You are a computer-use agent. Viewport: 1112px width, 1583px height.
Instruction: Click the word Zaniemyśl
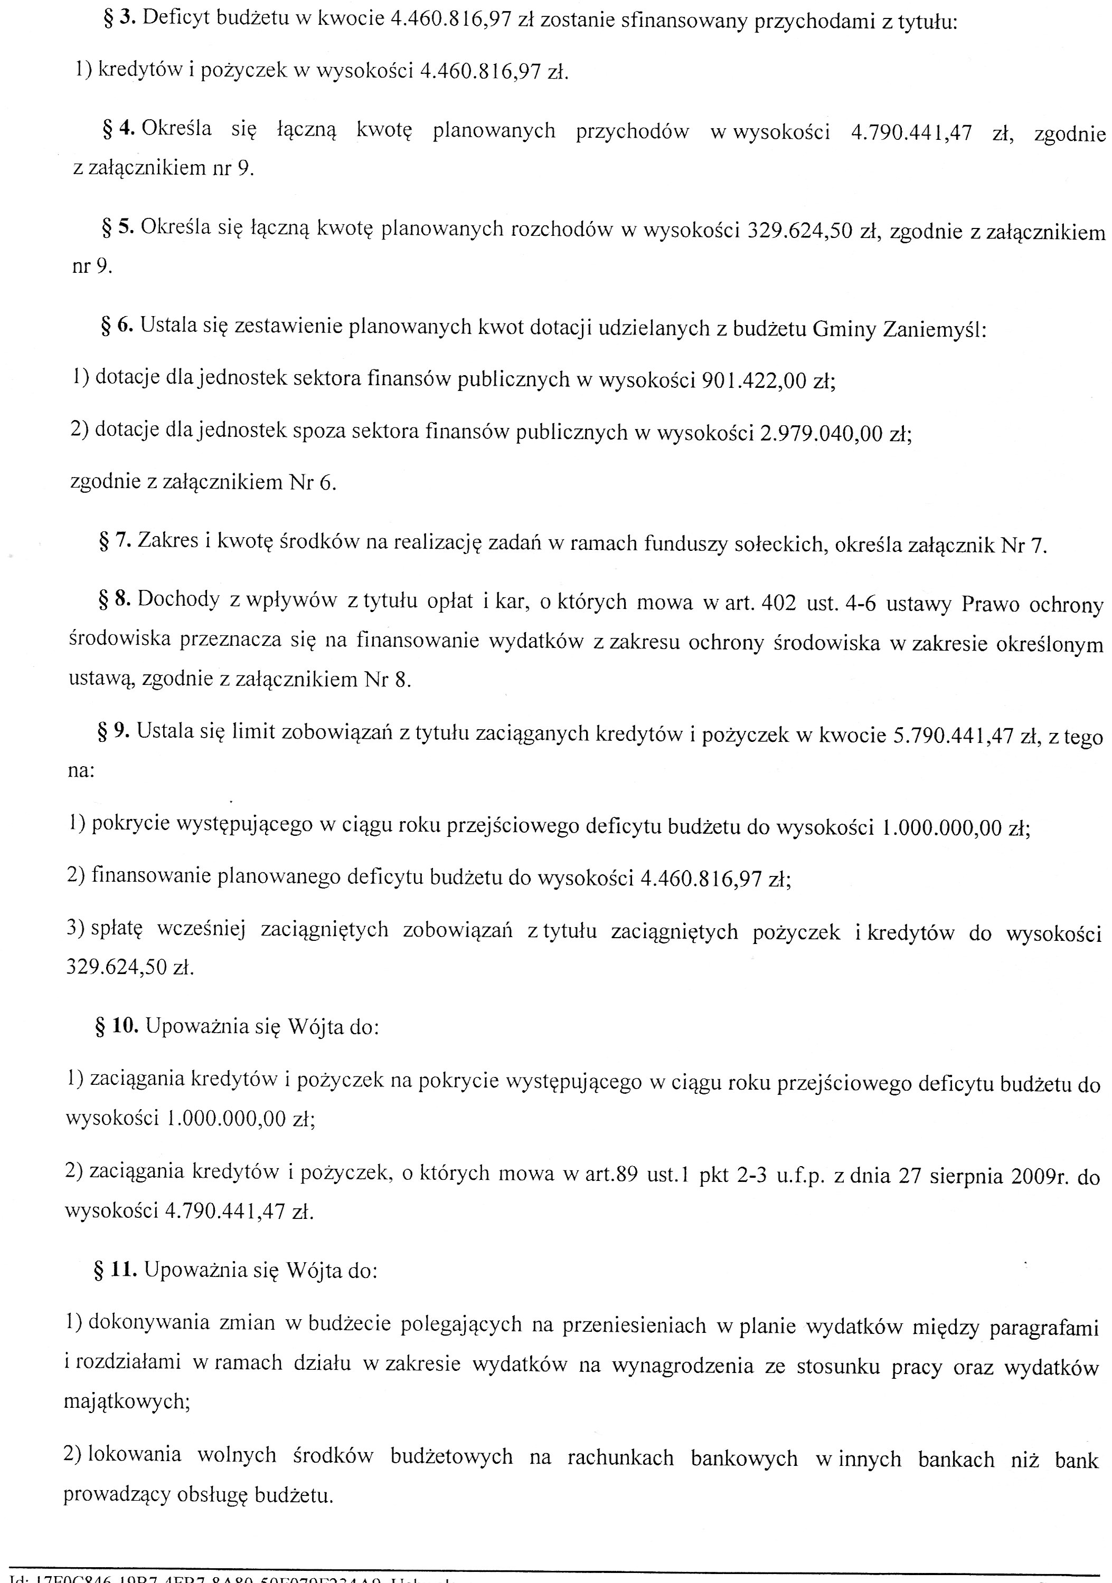pyautogui.click(x=934, y=330)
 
